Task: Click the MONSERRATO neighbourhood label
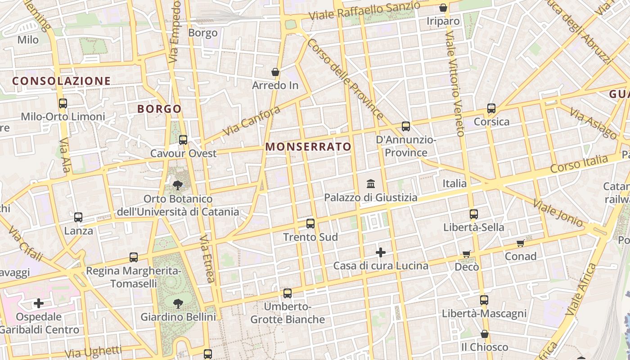click(308, 147)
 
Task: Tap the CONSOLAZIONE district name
click(61, 81)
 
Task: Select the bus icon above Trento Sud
click(310, 223)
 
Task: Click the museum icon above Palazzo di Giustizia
click(371, 184)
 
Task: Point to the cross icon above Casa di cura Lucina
click(381, 252)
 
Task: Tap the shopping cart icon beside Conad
click(521, 243)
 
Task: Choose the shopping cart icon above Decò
click(467, 254)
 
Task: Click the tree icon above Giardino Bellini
click(178, 303)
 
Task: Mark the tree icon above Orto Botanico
click(178, 185)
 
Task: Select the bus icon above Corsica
click(491, 108)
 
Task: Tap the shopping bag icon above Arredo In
click(275, 72)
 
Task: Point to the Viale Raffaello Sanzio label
click(364, 11)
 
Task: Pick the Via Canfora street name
click(252, 121)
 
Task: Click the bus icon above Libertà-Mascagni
click(484, 300)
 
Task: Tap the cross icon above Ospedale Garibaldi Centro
click(39, 303)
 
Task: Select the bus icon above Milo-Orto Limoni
click(63, 103)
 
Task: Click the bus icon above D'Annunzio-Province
click(406, 126)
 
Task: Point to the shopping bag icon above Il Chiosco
click(485, 334)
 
